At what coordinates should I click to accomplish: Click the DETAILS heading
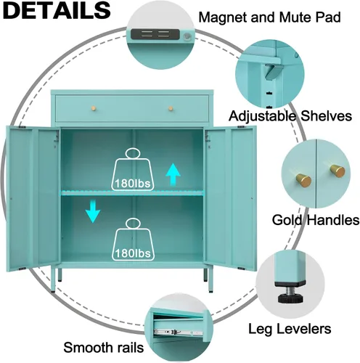[57, 10]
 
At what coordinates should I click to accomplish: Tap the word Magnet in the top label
[223, 17]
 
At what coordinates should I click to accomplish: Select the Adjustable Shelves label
[290, 116]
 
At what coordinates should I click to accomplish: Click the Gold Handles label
[316, 221]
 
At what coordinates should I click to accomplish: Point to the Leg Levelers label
[290, 330]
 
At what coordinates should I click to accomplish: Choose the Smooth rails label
[104, 348]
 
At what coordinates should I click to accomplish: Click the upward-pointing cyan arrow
[173, 174]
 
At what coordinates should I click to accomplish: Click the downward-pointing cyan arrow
[93, 211]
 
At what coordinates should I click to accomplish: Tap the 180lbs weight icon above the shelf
[132, 169]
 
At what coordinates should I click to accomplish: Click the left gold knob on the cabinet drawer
[94, 108]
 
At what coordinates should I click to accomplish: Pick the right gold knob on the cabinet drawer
[171, 108]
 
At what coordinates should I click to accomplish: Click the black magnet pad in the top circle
[155, 34]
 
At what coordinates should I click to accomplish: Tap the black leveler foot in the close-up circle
[290, 295]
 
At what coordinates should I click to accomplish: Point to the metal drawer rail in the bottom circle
[179, 332]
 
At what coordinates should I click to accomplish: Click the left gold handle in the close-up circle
[304, 180]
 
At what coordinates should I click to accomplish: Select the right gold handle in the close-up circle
[337, 171]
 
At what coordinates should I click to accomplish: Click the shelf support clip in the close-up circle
[273, 72]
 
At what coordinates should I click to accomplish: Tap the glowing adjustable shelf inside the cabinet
[132, 193]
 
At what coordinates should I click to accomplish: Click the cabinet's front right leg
[210, 280]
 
